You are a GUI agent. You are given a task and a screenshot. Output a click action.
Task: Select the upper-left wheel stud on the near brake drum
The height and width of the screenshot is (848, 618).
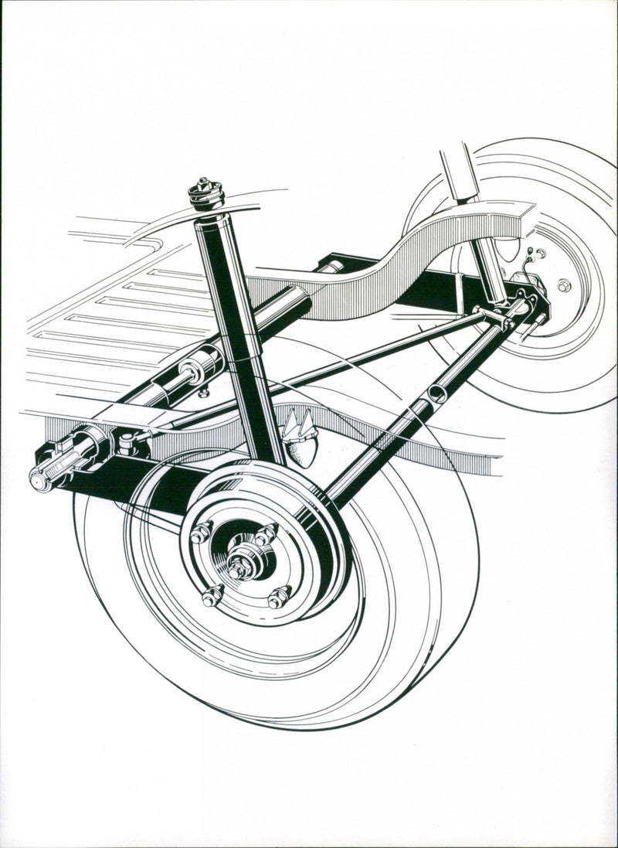pyautogui.click(x=202, y=531)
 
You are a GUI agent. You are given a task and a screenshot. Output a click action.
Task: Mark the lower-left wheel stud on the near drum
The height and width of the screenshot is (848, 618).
pyautogui.click(x=212, y=595)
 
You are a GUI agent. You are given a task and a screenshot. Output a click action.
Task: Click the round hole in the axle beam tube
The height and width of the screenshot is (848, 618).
pyautogui.click(x=437, y=394)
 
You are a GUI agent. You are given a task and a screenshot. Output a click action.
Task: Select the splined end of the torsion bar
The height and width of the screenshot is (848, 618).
pyautogui.click(x=46, y=474)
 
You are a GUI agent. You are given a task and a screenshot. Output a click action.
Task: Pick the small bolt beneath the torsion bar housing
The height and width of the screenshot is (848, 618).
pyautogui.click(x=203, y=392)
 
